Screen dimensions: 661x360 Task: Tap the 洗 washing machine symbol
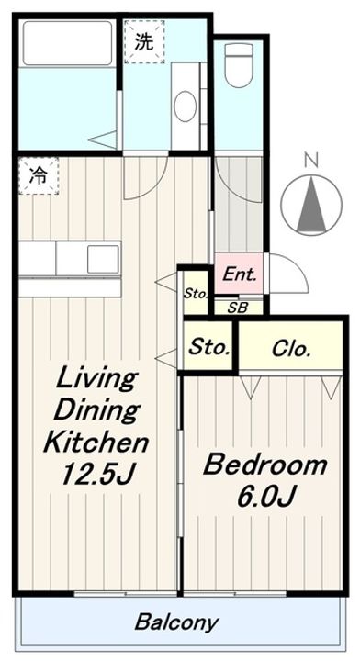coord(143,41)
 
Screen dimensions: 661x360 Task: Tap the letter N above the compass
coord(310,160)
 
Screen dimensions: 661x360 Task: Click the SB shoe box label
coord(237,308)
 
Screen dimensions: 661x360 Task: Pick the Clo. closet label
coord(291,349)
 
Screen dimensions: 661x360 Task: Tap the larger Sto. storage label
coord(208,347)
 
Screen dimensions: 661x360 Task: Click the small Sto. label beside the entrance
coord(194,294)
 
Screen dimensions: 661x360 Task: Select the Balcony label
coord(177,622)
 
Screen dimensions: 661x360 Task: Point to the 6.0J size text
coord(264,497)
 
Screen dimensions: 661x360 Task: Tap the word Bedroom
coord(264,465)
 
